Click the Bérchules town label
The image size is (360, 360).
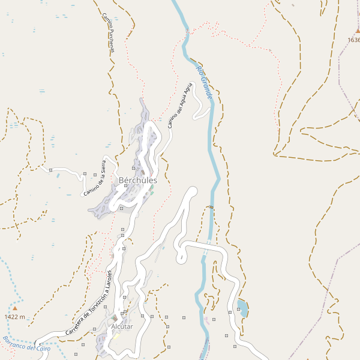click(x=138, y=180)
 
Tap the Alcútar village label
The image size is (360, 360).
click(x=122, y=326)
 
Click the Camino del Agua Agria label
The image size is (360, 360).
click(x=182, y=105)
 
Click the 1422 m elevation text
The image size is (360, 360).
click(x=15, y=317)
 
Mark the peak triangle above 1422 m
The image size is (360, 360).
click(x=15, y=308)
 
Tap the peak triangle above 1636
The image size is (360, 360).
click(x=358, y=31)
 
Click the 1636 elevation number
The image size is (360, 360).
click(x=353, y=40)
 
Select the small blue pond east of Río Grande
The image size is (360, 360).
click(x=243, y=308)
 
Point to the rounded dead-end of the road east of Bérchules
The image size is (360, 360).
click(x=192, y=191)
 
